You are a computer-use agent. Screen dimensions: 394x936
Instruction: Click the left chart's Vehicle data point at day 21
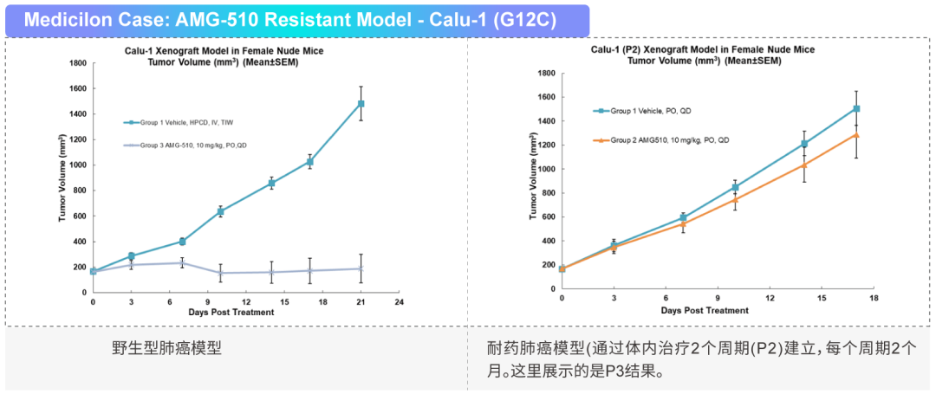[x=361, y=104]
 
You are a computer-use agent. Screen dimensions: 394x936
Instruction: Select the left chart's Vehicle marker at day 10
[x=220, y=211]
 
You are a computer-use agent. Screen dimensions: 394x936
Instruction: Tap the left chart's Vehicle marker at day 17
[x=309, y=162]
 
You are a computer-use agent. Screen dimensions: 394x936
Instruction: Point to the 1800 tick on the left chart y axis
[x=78, y=63]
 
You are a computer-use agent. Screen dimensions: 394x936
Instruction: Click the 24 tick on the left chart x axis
[x=399, y=302]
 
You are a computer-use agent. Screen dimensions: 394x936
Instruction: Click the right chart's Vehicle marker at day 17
[x=856, y=109]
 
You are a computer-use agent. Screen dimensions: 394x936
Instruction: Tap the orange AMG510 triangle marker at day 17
[x=856, y=135]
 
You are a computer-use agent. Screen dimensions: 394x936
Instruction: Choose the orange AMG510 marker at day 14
[x=804, y=165]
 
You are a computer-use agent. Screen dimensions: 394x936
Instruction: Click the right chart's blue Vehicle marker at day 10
[x=735, y=187]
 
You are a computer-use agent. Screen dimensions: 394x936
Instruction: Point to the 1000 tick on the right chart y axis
[x=547, y=169]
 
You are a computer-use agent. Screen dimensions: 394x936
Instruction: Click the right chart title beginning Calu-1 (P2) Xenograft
[x=703, y=49]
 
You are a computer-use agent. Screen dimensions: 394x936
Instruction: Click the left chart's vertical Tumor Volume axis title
[x=62, y=178]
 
